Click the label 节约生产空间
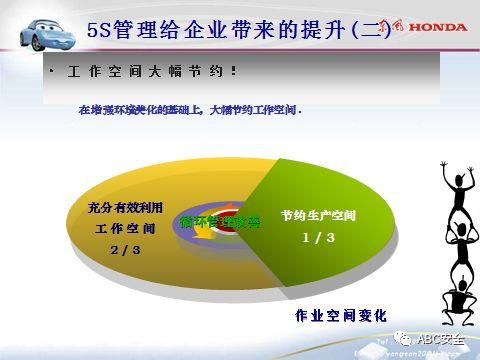(319, 216)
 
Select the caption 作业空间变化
(340, 316)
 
